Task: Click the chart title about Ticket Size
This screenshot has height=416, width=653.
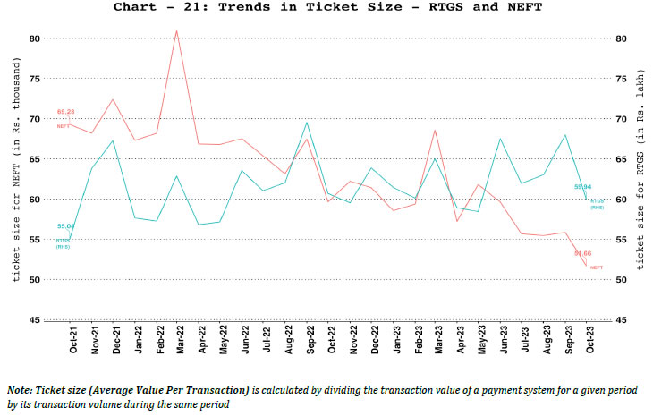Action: pos(326,8)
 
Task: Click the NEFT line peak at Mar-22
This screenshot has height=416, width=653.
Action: pos(176,30)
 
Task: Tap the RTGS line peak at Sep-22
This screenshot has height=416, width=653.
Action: pos(306,123)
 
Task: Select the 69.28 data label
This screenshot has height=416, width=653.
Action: pos(64,112)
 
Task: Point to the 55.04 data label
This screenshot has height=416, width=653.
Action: pos(65,226)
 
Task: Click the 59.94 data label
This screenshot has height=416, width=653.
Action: pos(582,187)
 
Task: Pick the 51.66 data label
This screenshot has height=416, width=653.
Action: pos(583,254)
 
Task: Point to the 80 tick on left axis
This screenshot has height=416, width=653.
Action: pos(34,38)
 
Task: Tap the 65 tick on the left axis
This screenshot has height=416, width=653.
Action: pos(34,159)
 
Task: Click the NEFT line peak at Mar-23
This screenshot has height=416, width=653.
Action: pos(435,131)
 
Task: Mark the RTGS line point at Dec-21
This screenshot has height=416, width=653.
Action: pos(112,140)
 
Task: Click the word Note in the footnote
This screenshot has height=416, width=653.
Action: pos(19,391)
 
